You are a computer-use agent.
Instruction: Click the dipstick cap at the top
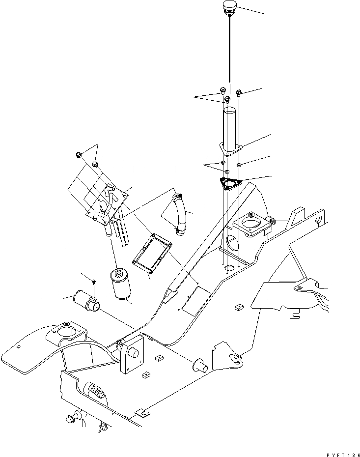pos(229,7)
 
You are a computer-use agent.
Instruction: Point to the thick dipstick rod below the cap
pos(229,49)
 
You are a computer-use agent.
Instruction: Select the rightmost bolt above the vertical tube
pos(239,92)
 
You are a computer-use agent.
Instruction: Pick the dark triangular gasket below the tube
pos(229,184)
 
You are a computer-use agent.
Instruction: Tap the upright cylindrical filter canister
pos(121,284)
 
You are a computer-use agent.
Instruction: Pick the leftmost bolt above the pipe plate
pos(79,155)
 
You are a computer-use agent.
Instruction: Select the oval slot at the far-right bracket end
pos(319,219)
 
